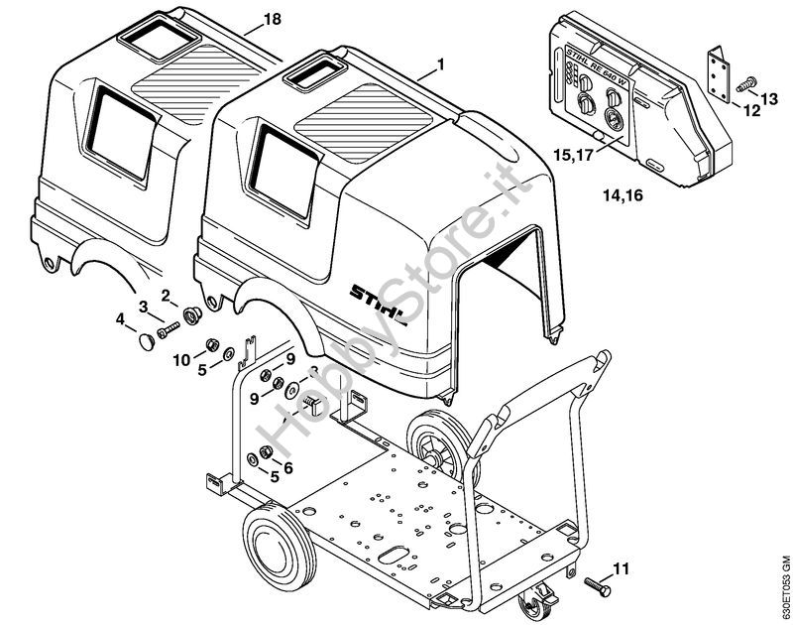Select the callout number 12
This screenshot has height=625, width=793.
click(751, 111)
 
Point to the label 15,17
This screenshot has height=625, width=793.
click(575, 156)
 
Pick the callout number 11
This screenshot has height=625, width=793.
click(621, 568)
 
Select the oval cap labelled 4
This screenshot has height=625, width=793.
click(147, 341)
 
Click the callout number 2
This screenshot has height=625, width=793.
click(166, 294)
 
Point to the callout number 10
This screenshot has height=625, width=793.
click(181, 359)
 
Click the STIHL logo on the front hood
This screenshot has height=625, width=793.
click(380, 295)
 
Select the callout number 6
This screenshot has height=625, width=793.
click(288, 467)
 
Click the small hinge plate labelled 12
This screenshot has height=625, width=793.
click(719, 71)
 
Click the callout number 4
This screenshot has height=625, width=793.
click(120, 319)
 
